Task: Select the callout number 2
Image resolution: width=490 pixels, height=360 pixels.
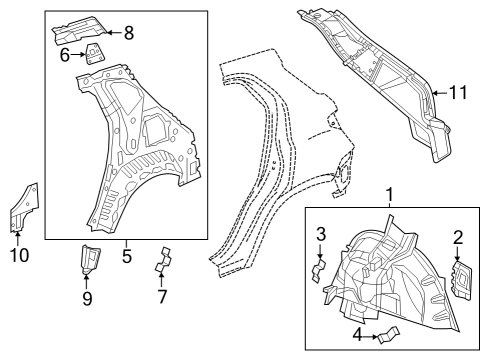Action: tap(458, 237)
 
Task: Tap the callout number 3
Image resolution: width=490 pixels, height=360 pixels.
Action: tap(320, 234)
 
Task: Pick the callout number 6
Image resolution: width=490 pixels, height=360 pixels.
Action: tap(65, 55)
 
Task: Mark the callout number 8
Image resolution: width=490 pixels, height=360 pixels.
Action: tap(128, 32)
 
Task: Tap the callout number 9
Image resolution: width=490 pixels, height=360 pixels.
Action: tap(86, 297)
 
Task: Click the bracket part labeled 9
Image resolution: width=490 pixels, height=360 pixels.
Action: tap(89, 259)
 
